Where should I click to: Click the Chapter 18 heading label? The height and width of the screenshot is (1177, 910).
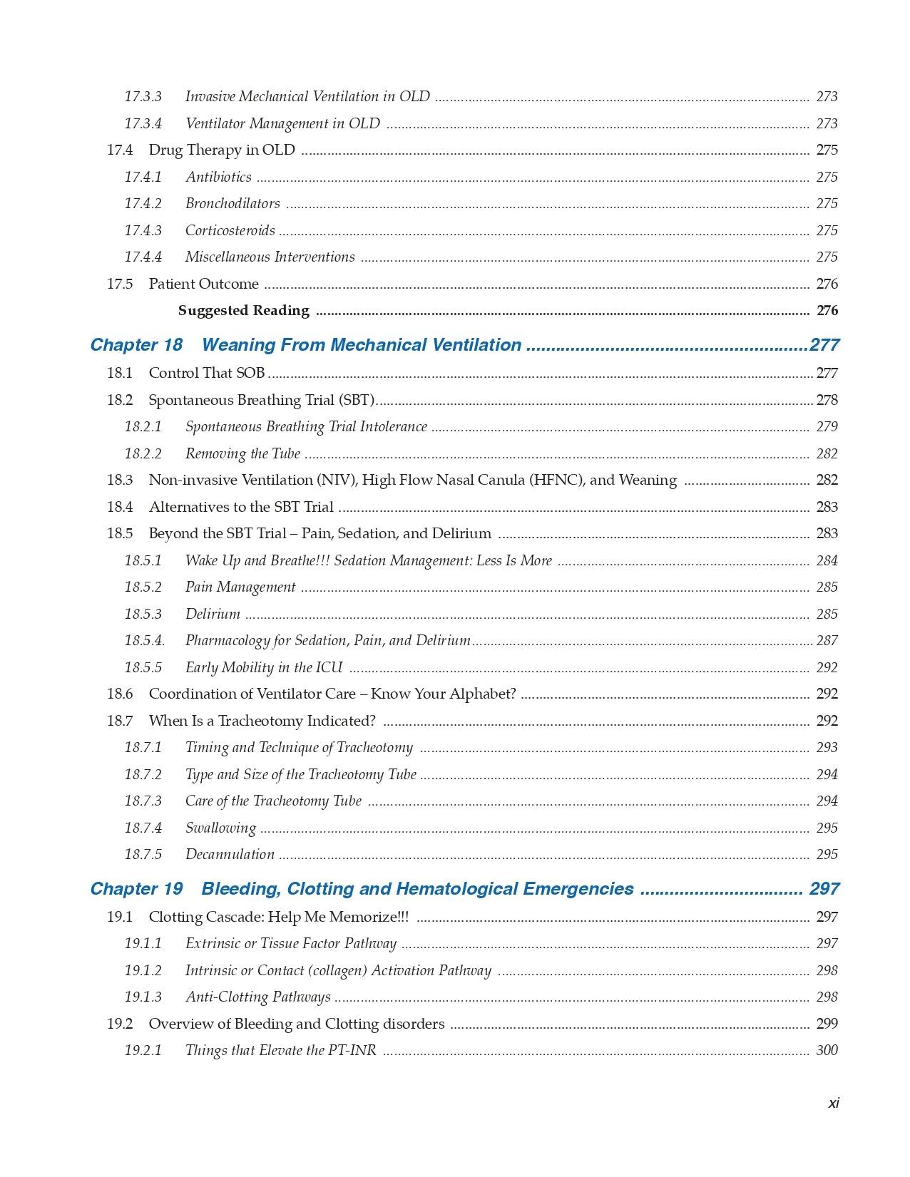(136, 345)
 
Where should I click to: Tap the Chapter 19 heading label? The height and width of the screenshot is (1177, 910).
(136, 889)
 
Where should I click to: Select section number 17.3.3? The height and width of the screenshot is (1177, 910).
(143, 96)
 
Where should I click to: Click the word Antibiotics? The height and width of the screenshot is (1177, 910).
(218, 177)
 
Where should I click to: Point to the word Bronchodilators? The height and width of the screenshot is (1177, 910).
(232, 203)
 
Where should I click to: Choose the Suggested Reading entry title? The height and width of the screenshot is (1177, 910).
(243, 310)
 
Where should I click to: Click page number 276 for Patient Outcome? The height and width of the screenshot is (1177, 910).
(827, 284)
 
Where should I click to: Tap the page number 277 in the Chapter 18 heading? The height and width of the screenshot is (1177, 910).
(824, 345)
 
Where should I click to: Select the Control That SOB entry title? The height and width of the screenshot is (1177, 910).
(207, 373)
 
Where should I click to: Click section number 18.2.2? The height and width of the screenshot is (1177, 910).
(143, 453)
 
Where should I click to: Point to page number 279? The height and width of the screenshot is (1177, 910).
(827, 426)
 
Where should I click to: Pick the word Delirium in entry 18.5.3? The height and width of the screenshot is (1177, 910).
(213, 614)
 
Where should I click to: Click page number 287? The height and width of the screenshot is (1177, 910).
(827, 640)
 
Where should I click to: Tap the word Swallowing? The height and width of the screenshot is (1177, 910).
(220, 828)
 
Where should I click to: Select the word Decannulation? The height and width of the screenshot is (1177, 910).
(230, 854)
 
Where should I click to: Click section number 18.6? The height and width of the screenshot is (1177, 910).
(120, 694)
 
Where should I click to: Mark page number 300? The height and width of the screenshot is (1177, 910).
(827, 1050)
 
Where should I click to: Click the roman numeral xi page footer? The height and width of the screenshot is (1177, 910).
(833, 1103)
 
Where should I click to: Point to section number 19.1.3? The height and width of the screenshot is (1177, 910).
(143, 997)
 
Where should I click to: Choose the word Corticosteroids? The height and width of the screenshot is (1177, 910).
(230, 230)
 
